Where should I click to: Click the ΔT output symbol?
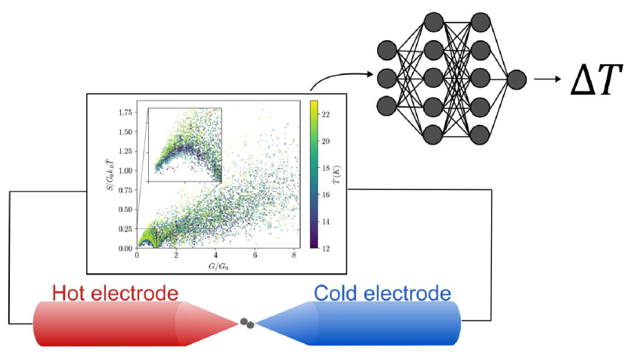point(596,79)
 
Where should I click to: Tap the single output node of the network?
point(518,78)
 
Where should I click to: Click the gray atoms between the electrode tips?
point(247,324)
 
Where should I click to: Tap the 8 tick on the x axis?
point(294,256)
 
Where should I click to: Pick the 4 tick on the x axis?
point(215,256)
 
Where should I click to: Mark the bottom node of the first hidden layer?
point(433,135)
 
